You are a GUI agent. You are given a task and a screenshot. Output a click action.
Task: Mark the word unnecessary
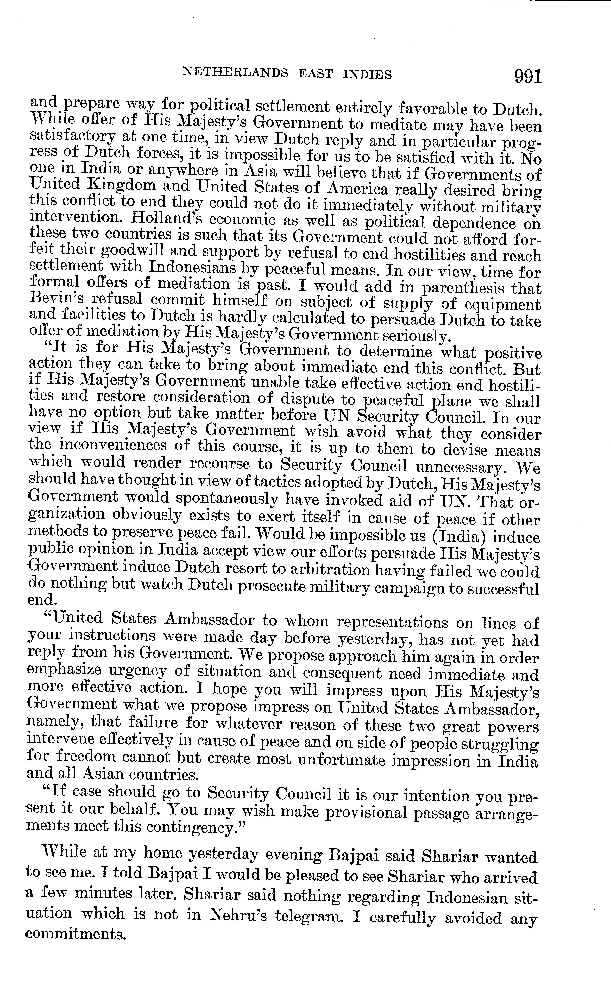[x=461, y=467]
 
